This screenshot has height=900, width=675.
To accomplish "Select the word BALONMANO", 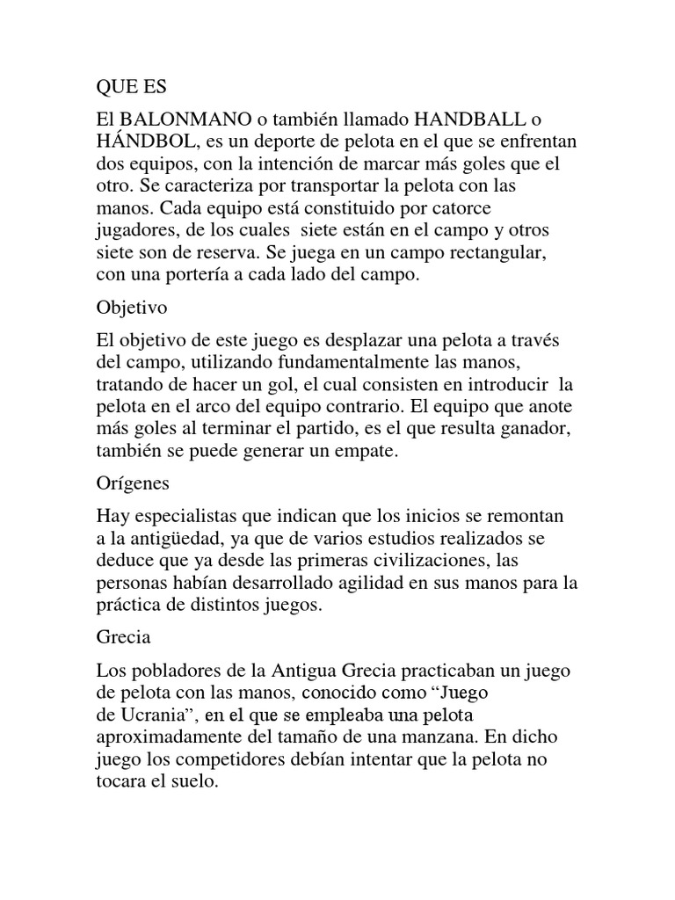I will point(175,119).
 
